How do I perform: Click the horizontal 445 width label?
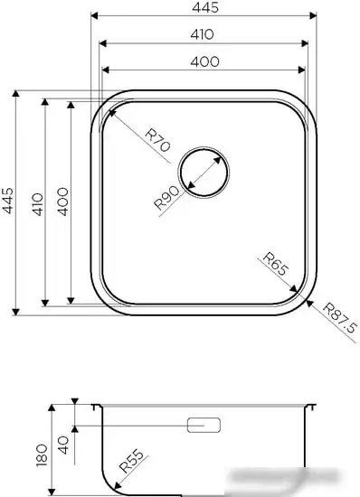coord(203,8)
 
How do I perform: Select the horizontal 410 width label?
coord(203,34)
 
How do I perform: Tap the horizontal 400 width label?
coord(203,61)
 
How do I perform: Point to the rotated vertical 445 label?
coord(8,200)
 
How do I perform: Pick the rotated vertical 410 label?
coord(35,200)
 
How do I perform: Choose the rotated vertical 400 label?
coord(62,200)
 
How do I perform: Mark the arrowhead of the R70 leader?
coord(109,108)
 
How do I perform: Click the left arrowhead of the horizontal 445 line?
coord(95,15)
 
